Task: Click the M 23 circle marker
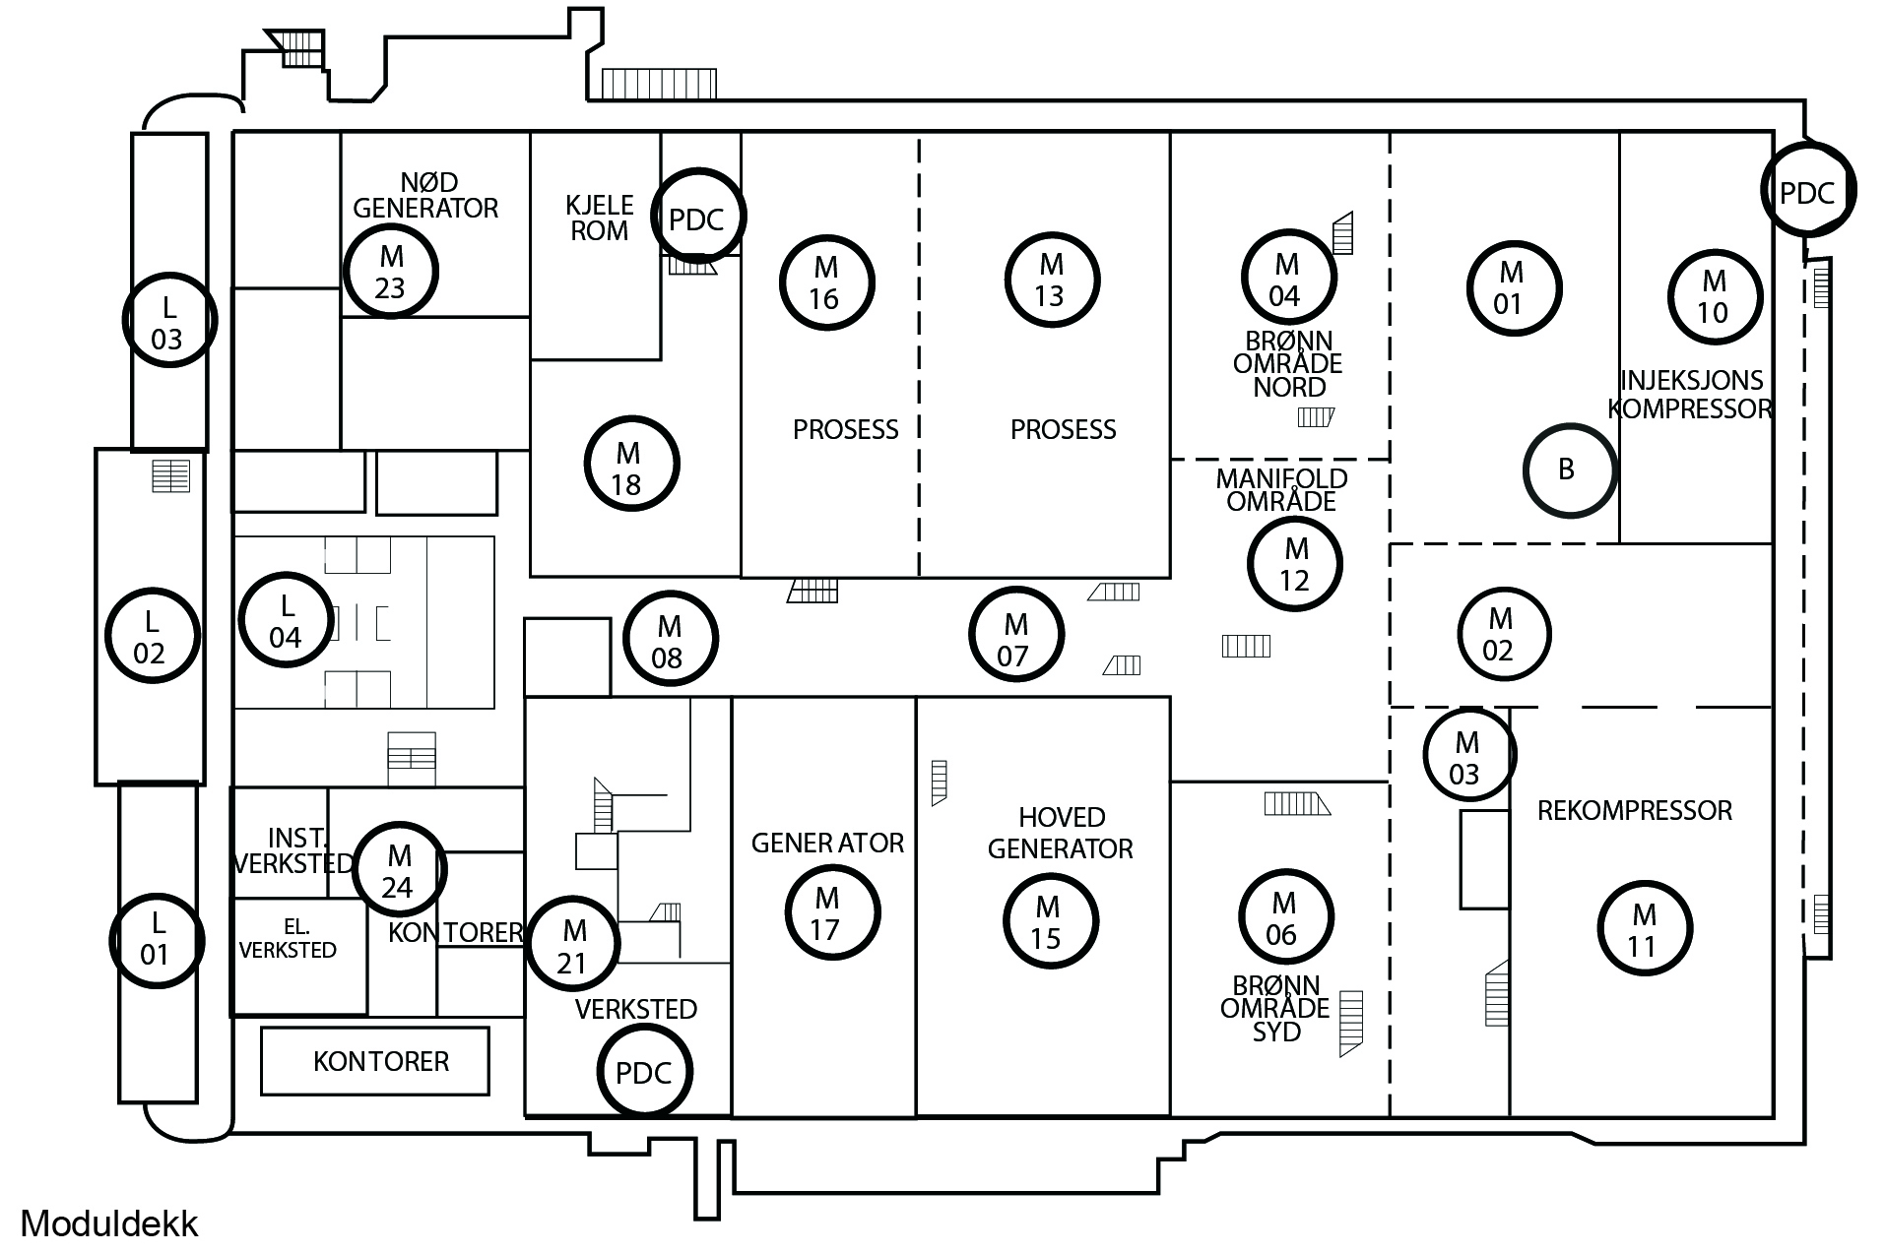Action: click(391, 271)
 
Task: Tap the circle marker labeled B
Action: click(1570, 470)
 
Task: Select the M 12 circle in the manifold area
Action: click(1295, 564)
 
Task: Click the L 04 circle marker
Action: click(286, 621)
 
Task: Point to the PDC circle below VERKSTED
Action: click(644, 1072)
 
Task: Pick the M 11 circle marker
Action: click(1644, 929)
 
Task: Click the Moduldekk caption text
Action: click(109, 1223)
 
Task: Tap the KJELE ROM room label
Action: click(599, 219)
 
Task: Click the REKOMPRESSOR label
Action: click(1634, 811)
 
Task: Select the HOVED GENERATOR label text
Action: click(1061, 833)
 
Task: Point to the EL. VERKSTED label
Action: click(288, 938)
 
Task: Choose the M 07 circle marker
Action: click(1015, 635)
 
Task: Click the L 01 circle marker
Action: click(157, 939)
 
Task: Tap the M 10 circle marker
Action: click(1714, 296)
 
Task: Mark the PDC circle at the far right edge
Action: click(1808, 191)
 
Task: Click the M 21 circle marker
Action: click(573, 945)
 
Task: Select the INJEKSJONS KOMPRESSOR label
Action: click(1691, 394)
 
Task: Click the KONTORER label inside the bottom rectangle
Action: click(380, 1061)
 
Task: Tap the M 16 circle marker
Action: click(825, 282)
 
